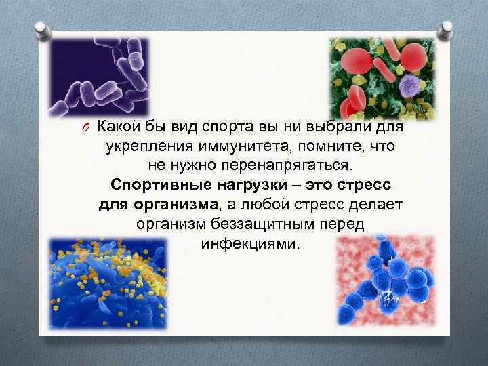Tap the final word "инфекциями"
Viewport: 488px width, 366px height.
pos(249,243)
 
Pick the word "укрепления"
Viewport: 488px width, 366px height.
pos(142,146)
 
